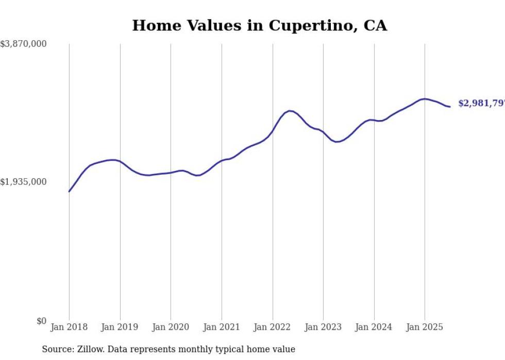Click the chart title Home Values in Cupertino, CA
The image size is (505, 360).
click(x=259, y=25)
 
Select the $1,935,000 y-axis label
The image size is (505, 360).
click(x=23, y=182)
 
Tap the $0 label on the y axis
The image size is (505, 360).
click(x=41, y=321)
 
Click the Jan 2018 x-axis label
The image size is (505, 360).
click(x=69, y=327)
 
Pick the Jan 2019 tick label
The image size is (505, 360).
click(x=120, y=327)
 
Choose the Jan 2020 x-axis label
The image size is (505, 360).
click(x=171, y=327)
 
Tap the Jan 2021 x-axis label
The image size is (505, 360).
click(x=222, y=327)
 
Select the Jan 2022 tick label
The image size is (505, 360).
click(x=273, y=327)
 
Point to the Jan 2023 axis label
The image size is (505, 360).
click(x=323, y=327)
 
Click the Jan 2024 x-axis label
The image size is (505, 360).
click(x=374, y=327)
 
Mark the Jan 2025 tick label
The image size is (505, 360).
click(x=425, y=327)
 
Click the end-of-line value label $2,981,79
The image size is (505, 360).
click(x=481, y=104)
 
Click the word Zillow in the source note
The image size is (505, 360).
click(x=87, y=350)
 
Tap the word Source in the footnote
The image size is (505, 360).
click(x=57, y=350)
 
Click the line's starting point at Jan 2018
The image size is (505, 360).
click(x=69, y=192)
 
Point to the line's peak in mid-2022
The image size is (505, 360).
click(x=290, y=111)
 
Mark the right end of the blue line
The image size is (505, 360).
click(x=450, y=107)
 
